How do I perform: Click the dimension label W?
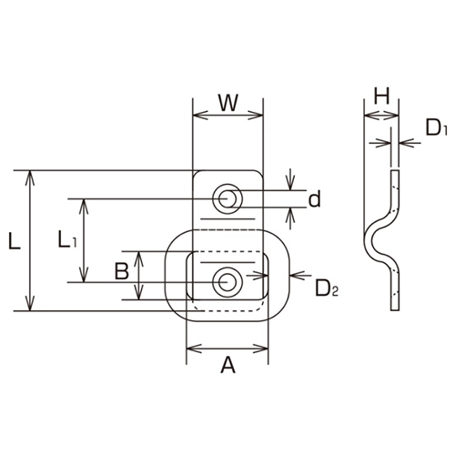pos(228,102)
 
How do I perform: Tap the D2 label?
pos(326,290)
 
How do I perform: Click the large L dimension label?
pos(14,241)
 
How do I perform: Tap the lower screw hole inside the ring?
pos(226,281)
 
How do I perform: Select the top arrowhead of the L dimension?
pos(33,176)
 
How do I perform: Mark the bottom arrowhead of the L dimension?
pos(33,307)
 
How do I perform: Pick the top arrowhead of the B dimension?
pos(138,258)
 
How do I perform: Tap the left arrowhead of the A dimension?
pos(191,347)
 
